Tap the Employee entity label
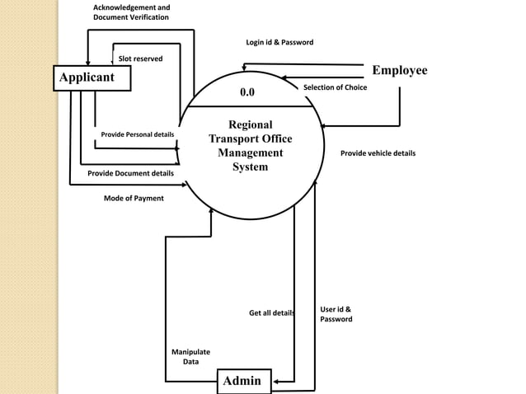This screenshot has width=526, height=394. coord(399,71)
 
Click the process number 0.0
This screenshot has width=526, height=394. coord(247,93)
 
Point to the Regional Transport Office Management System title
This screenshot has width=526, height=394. coord(250,146)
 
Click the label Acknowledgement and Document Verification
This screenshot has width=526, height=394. coord(131,12)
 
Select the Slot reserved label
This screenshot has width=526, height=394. coord(140,59)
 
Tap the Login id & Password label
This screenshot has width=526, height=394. coord(279,42)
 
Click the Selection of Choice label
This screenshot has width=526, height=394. coord(335,87)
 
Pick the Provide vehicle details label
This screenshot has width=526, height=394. coord(378,153)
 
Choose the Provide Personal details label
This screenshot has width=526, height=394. coord(137,134)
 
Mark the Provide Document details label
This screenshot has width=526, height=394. coord(130,173)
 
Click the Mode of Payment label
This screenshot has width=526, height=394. coord(134,198)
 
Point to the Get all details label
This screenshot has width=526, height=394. coord(271,313)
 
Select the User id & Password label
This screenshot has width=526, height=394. coord(336,314)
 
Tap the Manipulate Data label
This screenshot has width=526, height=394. coord(190,357)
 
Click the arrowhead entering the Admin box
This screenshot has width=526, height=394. coord(276,382)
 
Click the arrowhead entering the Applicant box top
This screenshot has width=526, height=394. coord(89,62)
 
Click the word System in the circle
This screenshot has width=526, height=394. coord(250,167)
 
